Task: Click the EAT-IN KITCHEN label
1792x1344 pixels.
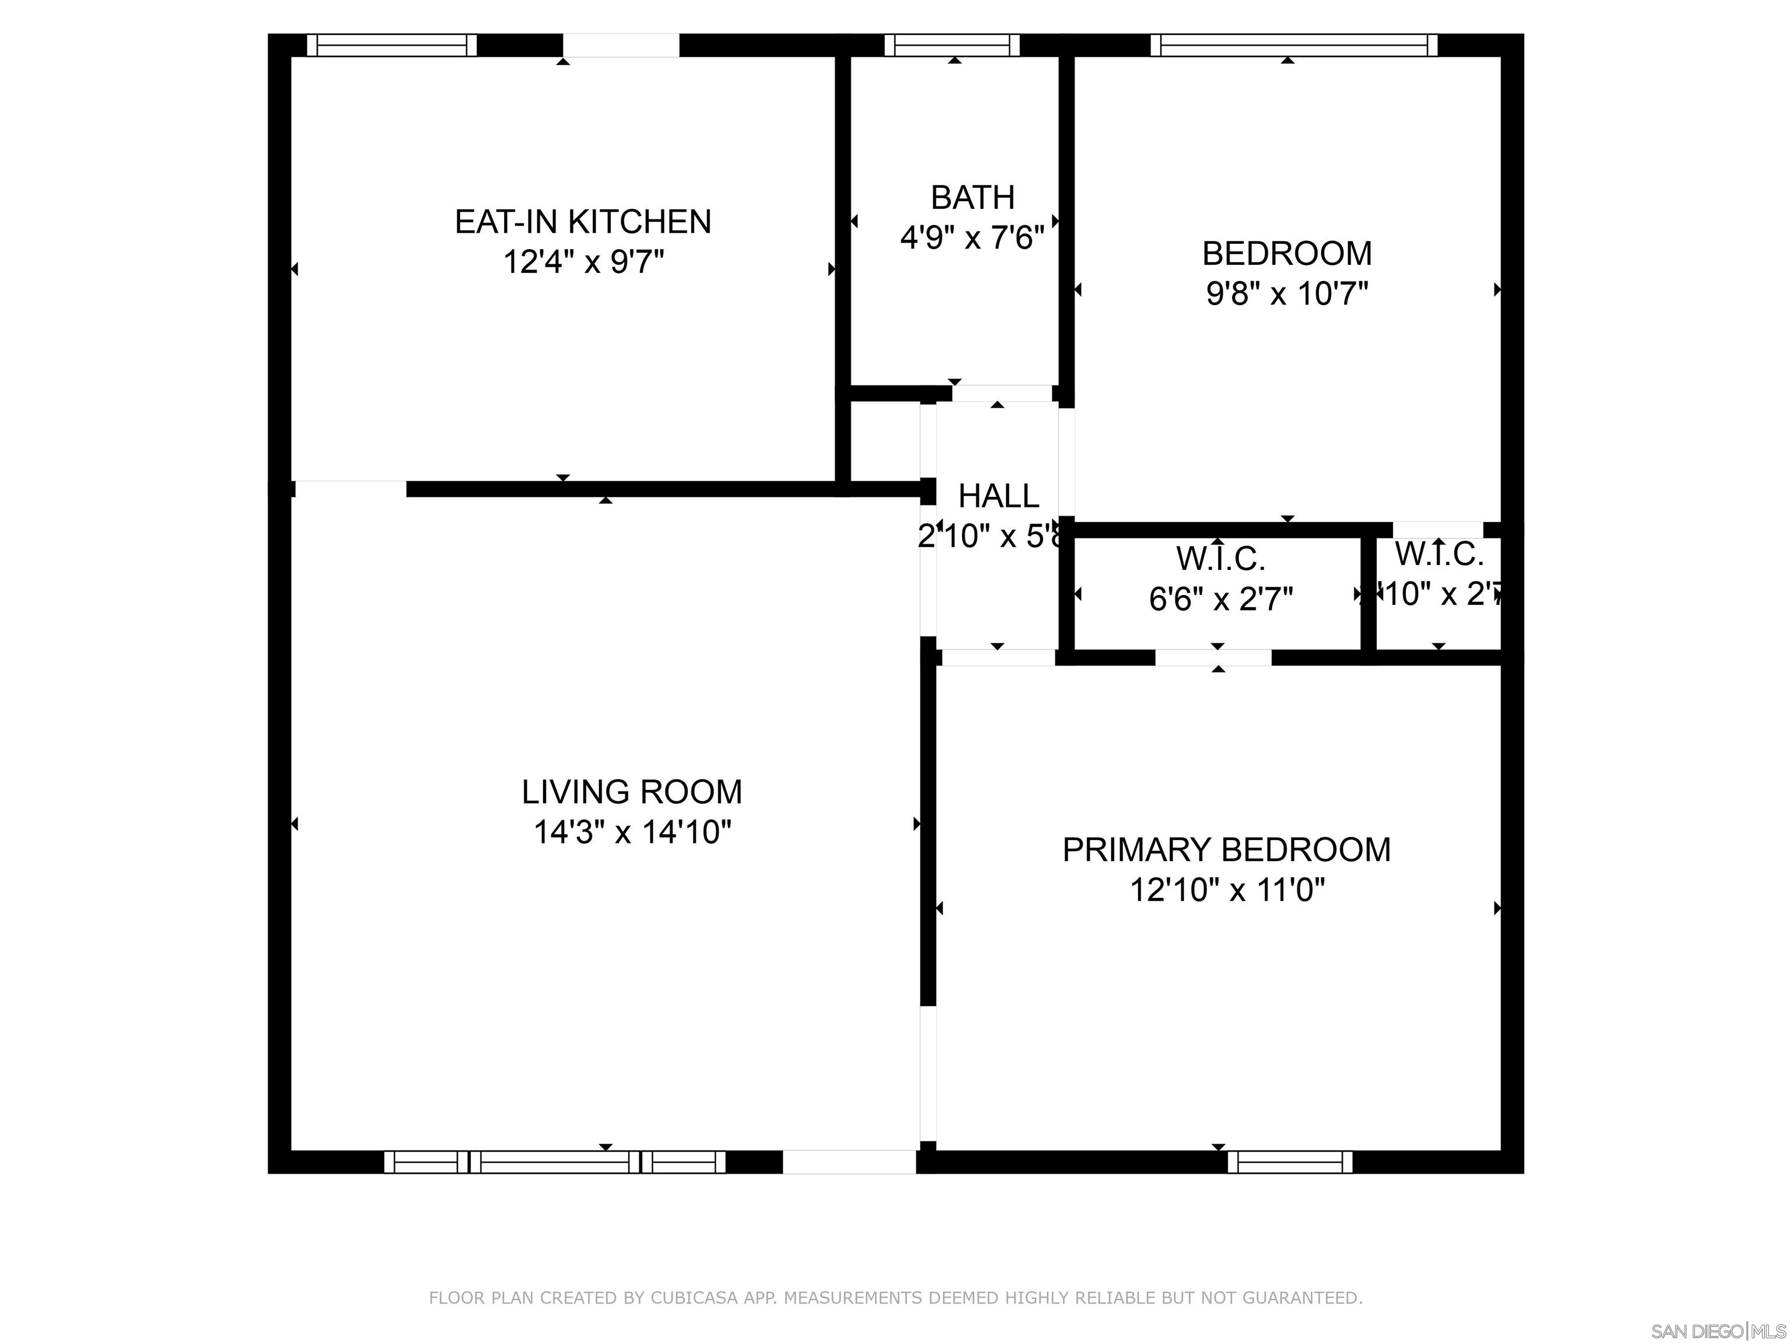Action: coord(583,221)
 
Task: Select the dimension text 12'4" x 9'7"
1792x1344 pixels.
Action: coord(583,262)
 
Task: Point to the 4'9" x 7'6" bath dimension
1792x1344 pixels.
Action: coord(972,238)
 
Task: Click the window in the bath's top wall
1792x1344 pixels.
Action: coord(952,45)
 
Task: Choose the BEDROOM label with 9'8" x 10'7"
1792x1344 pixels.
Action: coord(1286,254)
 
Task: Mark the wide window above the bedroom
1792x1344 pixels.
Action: coord(1294,45)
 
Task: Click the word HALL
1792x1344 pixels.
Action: coord(998,496)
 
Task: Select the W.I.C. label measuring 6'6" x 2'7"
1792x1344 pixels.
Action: coord(1221,558)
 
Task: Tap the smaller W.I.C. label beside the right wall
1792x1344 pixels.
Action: coord(1438,554)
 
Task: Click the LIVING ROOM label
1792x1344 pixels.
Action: coord(632,792)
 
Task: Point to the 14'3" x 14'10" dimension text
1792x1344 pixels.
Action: coord(632,832)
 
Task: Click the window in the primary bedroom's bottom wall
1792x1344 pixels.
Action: coord(1290,1162)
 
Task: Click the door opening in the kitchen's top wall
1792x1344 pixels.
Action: coord(621,45)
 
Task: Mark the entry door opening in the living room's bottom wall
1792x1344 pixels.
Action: coord(848,1162)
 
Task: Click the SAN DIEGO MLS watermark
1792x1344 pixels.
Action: coord(1717,1331)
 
